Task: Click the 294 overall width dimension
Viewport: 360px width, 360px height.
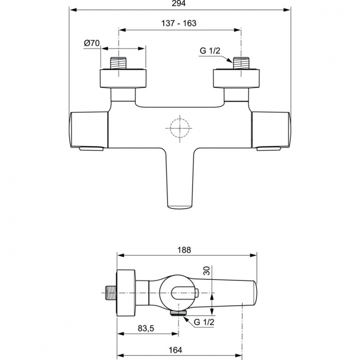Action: point(179,3)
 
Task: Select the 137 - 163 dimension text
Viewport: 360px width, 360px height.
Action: point(179,23)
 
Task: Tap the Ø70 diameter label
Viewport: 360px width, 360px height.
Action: point(92,43)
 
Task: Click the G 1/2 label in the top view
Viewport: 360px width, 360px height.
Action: point(210,50)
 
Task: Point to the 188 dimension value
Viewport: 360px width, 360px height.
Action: point(184,250)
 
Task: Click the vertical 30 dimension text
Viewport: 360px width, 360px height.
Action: point(207,271)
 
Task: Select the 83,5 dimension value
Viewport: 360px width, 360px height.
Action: point(146,328)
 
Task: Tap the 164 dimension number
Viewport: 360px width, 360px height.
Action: point(175,350)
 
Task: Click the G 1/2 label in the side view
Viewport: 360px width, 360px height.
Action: point(204,322)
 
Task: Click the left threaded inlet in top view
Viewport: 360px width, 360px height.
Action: point(119,63)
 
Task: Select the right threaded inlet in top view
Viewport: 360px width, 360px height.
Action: point(241,63)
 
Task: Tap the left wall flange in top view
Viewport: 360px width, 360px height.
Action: point(123,78)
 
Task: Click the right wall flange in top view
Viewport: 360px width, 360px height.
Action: point(236,78)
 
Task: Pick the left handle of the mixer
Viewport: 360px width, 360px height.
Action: point(89,130)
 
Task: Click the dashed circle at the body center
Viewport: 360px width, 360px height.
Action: point(180,128)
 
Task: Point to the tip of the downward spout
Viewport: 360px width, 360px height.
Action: point(180,207)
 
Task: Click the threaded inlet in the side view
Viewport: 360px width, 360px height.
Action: point(111,292)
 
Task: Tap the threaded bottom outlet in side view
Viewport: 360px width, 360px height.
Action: point(179,312)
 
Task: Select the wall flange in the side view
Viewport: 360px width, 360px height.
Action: point(126,293)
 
